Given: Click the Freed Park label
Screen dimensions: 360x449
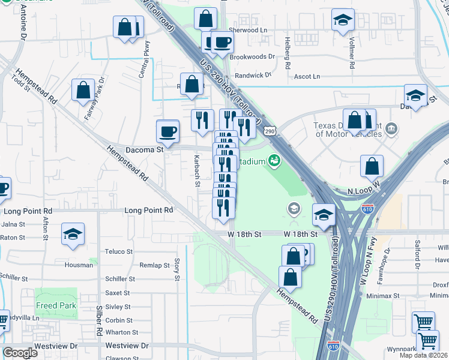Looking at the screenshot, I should click(x=55, y=305).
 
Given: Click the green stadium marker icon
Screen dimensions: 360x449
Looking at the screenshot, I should click(x=275, y=160).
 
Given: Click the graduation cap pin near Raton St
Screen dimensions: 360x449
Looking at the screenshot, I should click(x=73, y=235).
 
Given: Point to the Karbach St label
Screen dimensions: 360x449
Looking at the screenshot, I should click(x=197, y=172).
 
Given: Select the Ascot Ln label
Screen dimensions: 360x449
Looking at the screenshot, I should click(x=307, y=77).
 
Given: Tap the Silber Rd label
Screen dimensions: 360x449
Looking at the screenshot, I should click(x=98, y=323).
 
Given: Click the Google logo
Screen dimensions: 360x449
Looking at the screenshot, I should click(x=20, y=353).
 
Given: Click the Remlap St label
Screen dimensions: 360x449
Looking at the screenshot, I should click(x=154, y=265).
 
